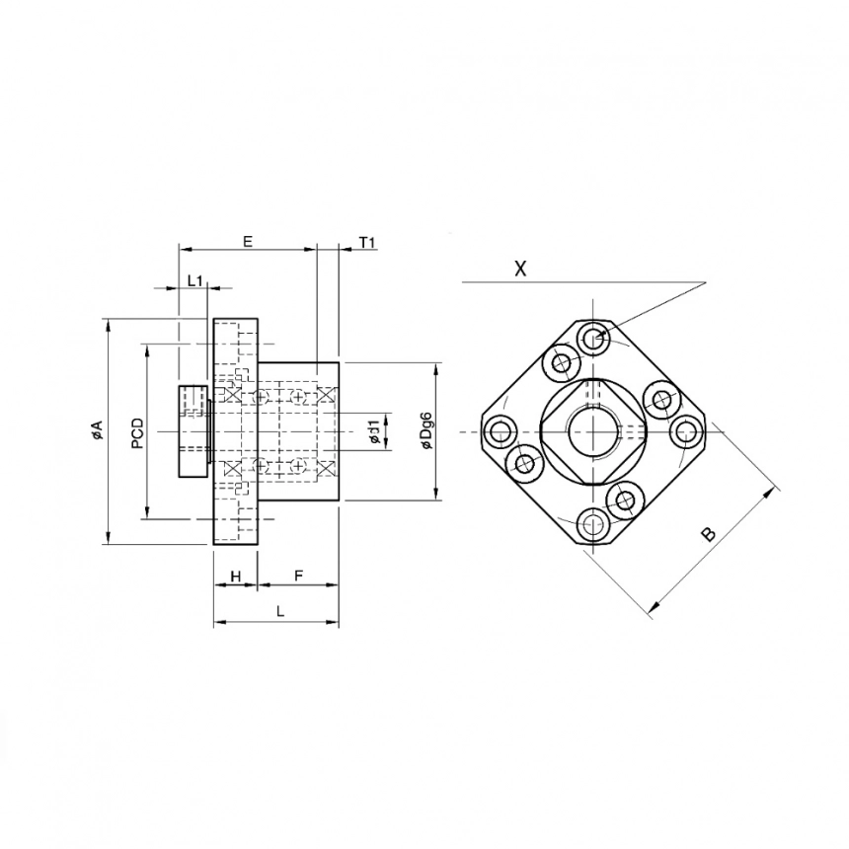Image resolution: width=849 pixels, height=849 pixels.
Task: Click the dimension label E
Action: point(248,241)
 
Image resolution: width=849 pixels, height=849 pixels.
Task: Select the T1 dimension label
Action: point(367,242)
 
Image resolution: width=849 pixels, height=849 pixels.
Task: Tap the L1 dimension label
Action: point(194,281)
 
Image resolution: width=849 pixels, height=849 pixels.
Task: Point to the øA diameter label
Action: point(96,430)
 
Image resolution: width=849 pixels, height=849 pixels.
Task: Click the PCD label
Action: point(137,432)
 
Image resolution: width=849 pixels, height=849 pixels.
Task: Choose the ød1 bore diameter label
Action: point(373,431)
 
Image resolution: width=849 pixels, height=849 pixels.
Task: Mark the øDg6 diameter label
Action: point(426,431)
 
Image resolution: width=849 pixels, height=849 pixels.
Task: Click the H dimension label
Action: point(235,575)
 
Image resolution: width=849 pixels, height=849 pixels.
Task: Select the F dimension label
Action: point(298,575)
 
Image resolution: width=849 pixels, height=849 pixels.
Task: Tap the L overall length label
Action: point(280,612)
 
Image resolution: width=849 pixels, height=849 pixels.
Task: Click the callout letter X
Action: point(520,268)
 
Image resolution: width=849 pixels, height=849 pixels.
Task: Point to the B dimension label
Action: point(707,534)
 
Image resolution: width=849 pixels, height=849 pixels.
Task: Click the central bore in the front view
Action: point(591,431)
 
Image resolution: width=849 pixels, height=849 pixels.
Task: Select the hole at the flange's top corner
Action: point(592,338)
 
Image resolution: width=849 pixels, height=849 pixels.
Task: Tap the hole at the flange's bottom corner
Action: point(591,525)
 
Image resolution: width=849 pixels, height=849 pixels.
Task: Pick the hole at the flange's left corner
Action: point(499,431)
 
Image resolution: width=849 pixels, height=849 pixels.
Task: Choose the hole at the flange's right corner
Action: point(684,431)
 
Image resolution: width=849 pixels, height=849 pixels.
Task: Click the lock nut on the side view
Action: point(193,431)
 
